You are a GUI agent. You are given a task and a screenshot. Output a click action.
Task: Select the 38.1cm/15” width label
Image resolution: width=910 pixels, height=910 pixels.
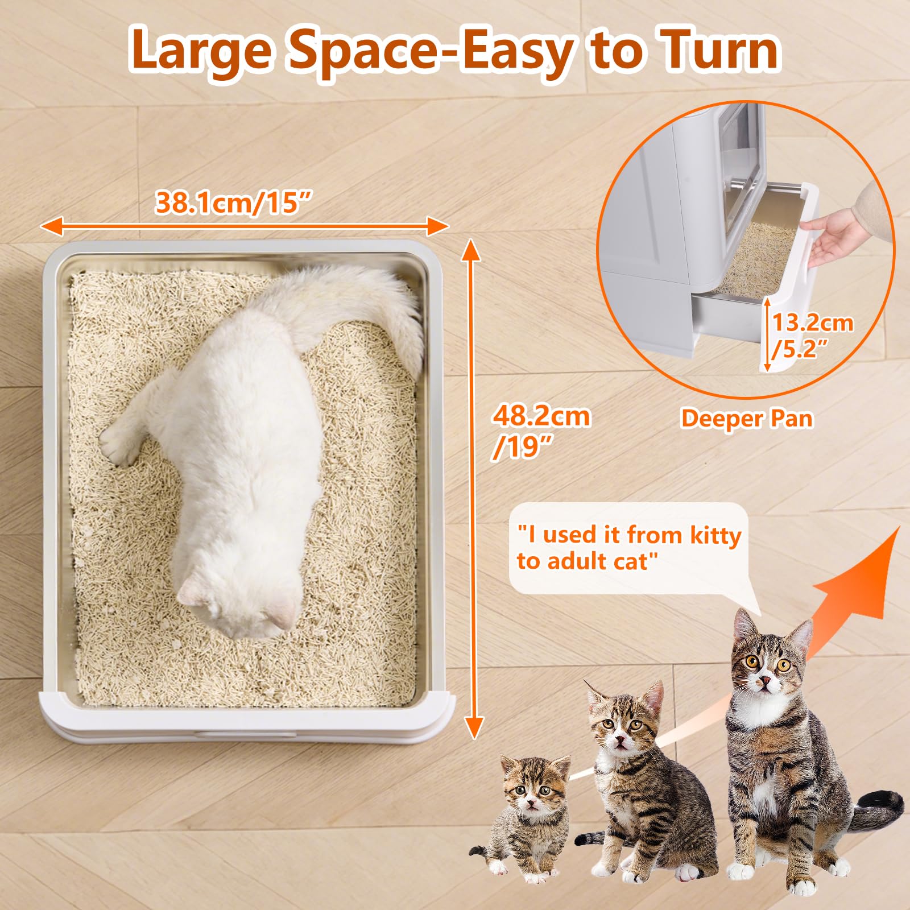[x=234, y=202]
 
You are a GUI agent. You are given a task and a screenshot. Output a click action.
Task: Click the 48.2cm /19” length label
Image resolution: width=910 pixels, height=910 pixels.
[x=540, y=431]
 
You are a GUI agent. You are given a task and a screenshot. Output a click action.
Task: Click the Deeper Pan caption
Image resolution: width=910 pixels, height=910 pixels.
[x=747, y=419]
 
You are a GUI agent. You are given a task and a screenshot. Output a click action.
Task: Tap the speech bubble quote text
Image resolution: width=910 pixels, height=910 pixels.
[x=628, y=548]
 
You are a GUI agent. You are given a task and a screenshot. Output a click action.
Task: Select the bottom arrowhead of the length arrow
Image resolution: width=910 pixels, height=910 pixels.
[x=473, y=728]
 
